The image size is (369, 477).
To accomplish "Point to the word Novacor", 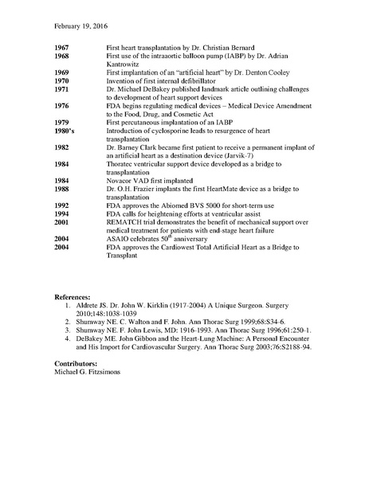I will point(120,178).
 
